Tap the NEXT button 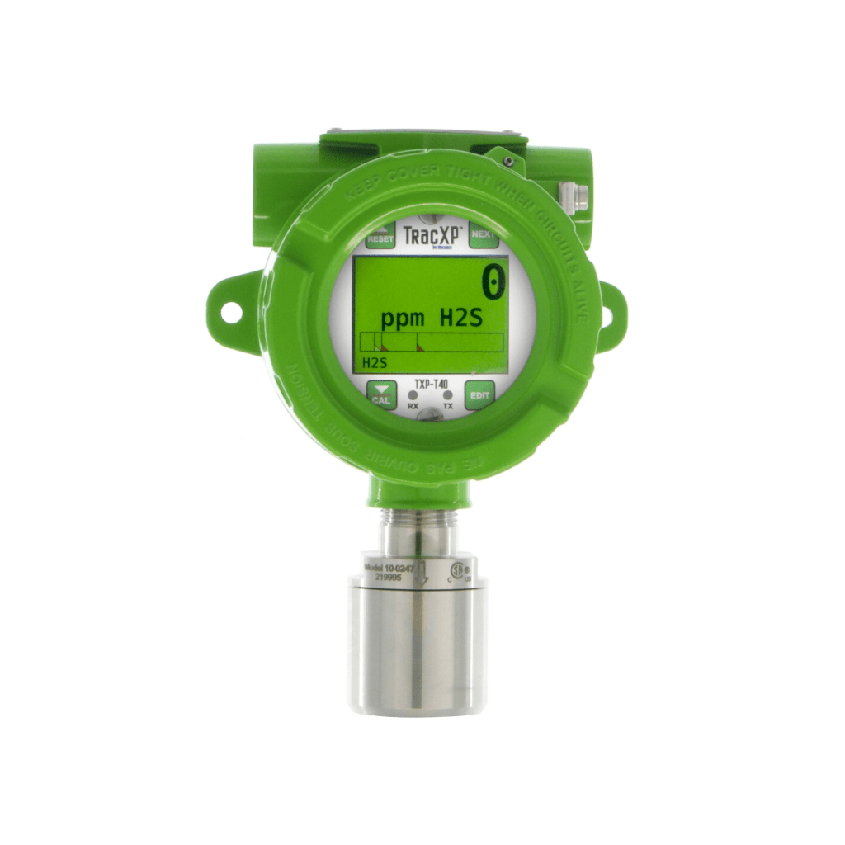pyautogui.click(x=484, y=234)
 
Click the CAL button pyautogui.click(x=381, y=395)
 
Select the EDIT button pyautogui.click(x=479, y=395)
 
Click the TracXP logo pyautogui.click(x=432, y=235)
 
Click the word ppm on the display pyautogui.click(x=402, y=319)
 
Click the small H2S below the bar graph pyautogui.click(x=375, y=361)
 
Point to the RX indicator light pyautogui.click(x=413, y=396)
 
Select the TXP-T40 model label pyautogui.click(x=430, y=384)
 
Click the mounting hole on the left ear pyautogui.click(x=230, y=313)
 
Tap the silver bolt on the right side pyautogui.click(x=578, y=196)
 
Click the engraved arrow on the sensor pyautogui.click(x=421, y=574)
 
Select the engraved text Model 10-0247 pyautogui.click(x=389, y=569)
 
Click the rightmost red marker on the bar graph pyautogui.click(x=419, y=348)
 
